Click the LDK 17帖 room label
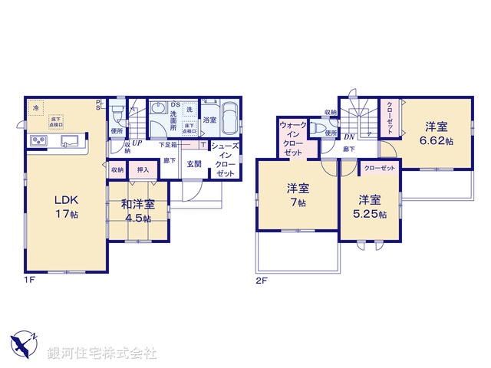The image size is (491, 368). click(x=66, y=206)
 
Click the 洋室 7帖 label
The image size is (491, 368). click(x=297, y=195)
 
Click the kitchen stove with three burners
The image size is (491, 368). click(x=38, y=142)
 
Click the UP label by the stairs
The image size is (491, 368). click(x=137, y=143)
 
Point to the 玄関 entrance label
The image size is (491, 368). click(x=193, y=163)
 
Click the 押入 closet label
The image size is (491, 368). click(x=142, y=169)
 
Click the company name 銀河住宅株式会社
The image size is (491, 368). click(x=101, y=353)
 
